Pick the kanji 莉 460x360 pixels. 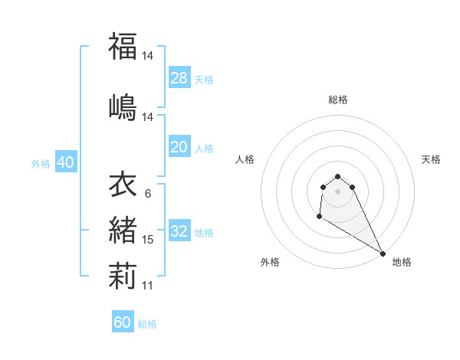tap(123, 273)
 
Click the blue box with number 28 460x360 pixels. tap(179, 78)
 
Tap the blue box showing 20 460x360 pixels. tap(179, 147)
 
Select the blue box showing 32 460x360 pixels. tap(179, 231)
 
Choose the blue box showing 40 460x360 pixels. tap(65, 162)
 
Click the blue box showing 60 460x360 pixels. tap(123, 322)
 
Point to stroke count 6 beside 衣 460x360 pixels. tap(147, 194)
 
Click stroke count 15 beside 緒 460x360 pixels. tap(148, 240)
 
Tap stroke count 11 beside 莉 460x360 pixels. tap(148, 286)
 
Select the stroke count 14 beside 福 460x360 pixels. tap(148, 56)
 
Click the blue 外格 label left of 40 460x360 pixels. tap(41, 163)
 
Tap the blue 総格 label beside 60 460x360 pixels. tap(147, 324)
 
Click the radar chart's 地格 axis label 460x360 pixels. tap(402, 262)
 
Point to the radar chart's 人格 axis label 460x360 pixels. tap(245, 159)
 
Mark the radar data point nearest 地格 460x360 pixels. tap(383, 253)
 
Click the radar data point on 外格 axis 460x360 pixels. tap(318, 218)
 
